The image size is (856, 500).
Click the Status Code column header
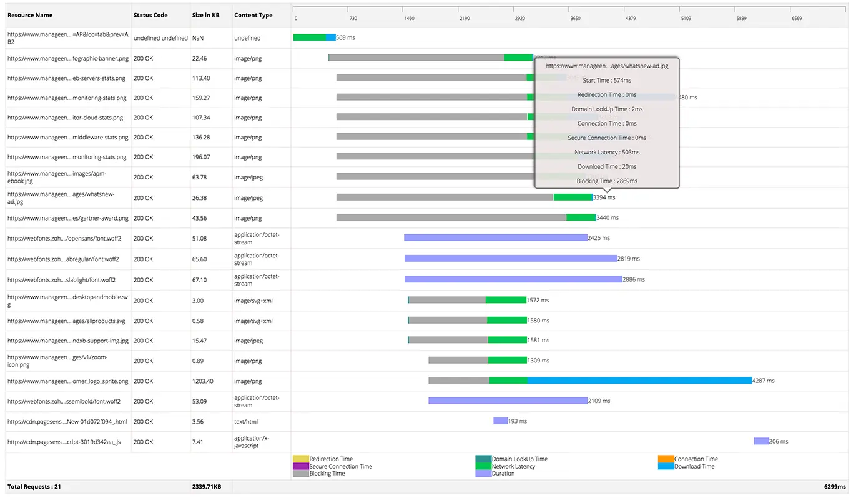coord(150,15)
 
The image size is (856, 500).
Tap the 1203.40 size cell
coord(202,381)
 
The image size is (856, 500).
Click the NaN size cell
coord(198,38)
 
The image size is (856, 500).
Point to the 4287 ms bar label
coord(763,381)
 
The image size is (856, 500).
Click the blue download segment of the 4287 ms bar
coord(639,381)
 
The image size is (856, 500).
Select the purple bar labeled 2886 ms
coord(513,279)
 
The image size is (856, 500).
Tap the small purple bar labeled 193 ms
coord(500,421)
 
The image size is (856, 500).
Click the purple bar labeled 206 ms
coord(760,441)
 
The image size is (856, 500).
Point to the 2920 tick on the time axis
coord(519,19)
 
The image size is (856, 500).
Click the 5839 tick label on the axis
coord(740,19)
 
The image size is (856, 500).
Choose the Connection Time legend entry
coord(696,459)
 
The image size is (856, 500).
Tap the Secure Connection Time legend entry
coord(340,466)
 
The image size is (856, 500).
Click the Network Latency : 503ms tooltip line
coord(607,152)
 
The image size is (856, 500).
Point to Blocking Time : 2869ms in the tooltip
coord(607,181)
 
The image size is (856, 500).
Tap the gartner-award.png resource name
coord(67,218)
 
